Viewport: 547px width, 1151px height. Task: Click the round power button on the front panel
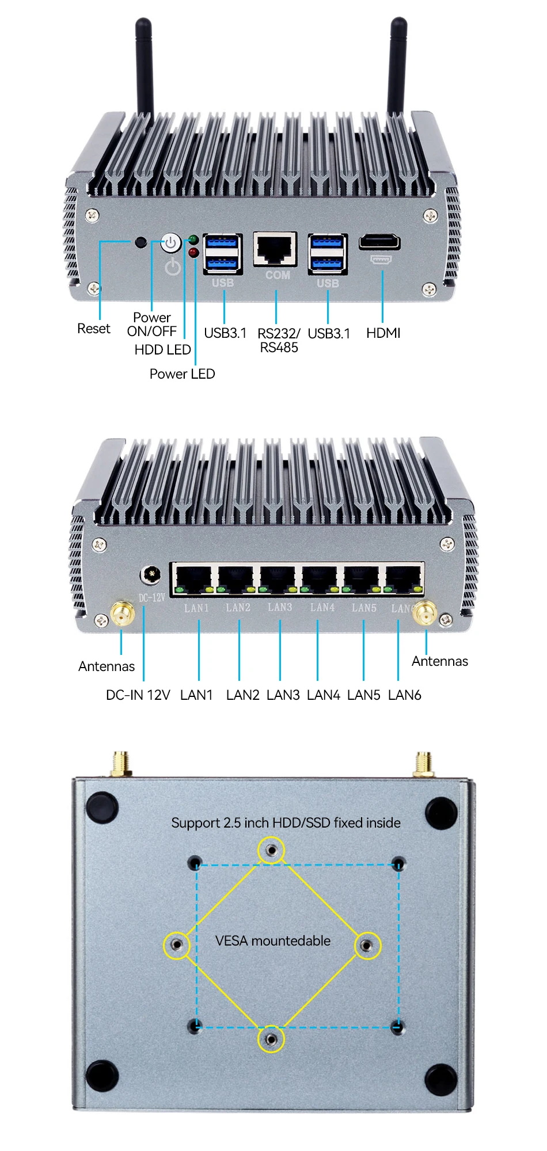pos(170,243)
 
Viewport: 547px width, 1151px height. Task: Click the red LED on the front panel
pos(193,252)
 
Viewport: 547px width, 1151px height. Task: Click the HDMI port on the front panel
pos(379,242)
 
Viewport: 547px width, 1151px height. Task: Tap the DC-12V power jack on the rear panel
pos(151,575)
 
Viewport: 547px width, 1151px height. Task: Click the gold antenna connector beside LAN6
pos(425,614)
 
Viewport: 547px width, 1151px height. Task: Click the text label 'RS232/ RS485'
pos(279,340)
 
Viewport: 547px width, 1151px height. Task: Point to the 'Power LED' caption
pos(182,374)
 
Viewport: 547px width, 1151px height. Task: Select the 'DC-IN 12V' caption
pos(138,695)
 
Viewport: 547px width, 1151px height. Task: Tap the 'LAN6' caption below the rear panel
pos(404,695)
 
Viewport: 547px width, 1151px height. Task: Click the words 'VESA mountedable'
pos(273,941)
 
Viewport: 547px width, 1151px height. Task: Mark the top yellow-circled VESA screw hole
pos(271,850)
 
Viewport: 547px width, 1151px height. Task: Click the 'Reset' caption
pos(93,329)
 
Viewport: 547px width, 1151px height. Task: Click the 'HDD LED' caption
pos(162,350)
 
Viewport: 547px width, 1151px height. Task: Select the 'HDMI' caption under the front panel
pos(383,333)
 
